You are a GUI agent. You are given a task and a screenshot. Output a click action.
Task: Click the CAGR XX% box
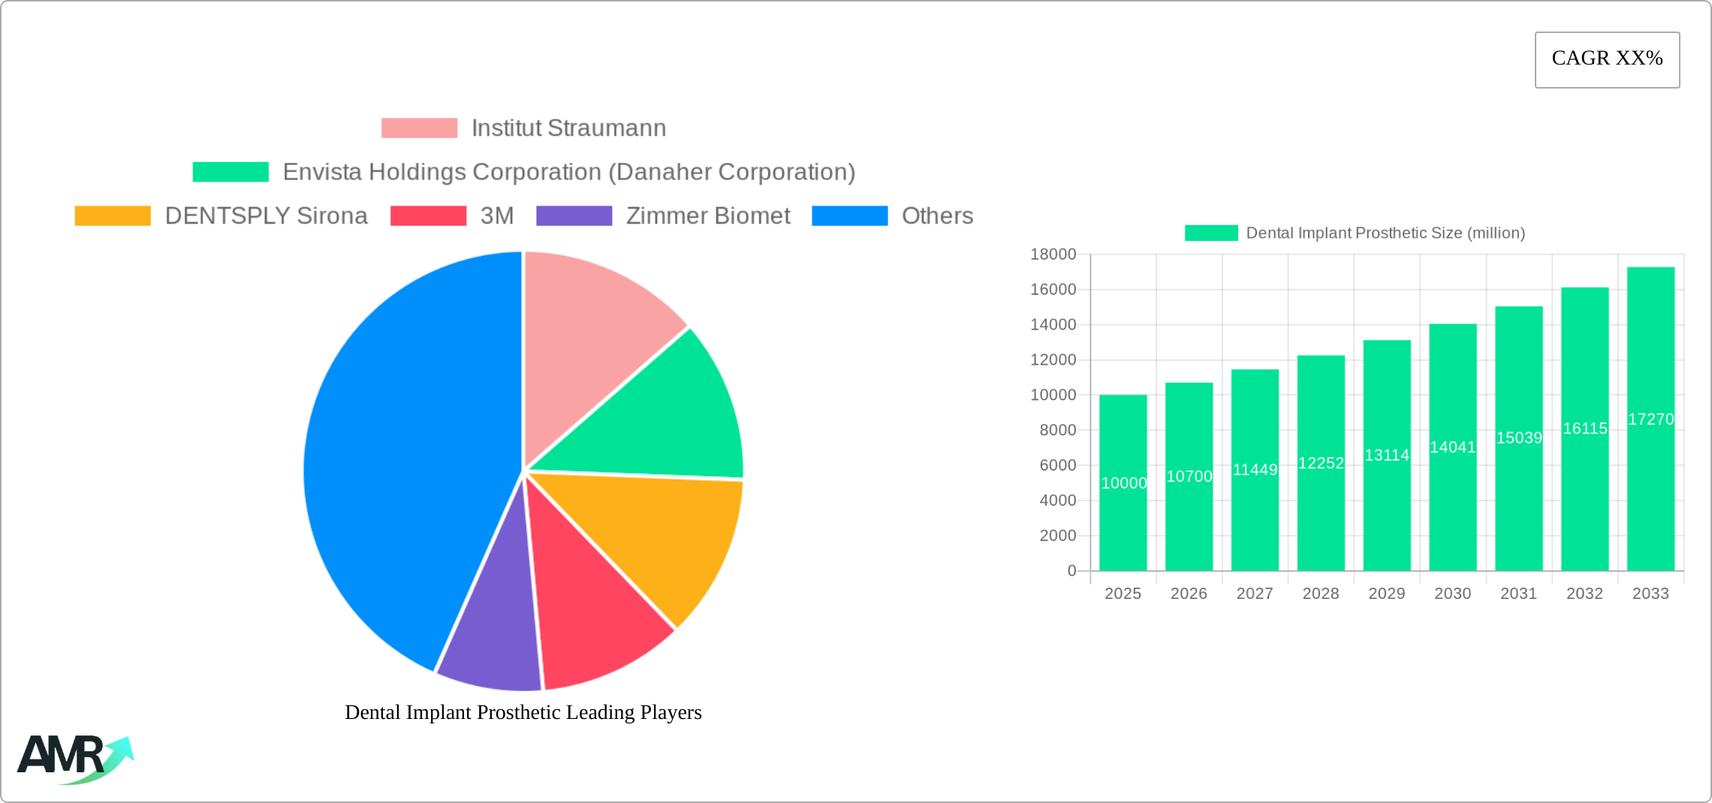point(1607,59)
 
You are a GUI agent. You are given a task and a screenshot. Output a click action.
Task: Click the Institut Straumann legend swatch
point(419,128)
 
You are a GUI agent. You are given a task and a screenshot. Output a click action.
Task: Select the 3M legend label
point(497,216)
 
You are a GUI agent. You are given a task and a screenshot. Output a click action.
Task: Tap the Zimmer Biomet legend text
point(707,216)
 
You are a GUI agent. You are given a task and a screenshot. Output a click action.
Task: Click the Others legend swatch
point(849,216)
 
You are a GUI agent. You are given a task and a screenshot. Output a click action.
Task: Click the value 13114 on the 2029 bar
point(1386,456)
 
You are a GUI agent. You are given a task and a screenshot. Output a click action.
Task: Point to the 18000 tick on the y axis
point(1053,254)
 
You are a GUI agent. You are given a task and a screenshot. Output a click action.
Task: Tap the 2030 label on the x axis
point(1452,594)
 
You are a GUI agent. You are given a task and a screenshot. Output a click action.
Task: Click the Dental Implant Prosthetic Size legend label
point(1385,233)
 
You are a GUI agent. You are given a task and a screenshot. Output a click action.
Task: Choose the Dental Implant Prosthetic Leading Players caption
point(523,712)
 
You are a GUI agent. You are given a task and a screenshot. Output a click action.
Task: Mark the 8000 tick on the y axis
point(1057,430)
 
